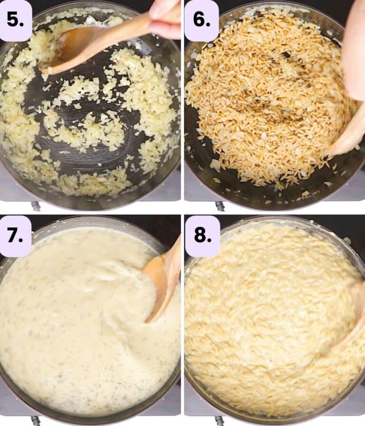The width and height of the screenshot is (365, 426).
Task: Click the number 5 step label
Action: pos(15,20)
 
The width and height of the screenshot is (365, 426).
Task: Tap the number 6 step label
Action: pos(202,20)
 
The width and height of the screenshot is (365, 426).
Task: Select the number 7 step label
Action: pos(15,235)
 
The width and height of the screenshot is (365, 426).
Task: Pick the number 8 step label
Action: pos(202,235)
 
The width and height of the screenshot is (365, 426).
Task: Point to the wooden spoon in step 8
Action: pos(353,312)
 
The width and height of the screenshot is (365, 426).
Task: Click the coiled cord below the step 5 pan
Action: pos(36,206)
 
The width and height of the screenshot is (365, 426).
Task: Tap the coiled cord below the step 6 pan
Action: pos(220,206)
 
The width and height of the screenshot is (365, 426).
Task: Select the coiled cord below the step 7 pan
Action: pos(36,421)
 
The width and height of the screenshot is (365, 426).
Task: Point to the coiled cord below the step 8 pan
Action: pos(221,421)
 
